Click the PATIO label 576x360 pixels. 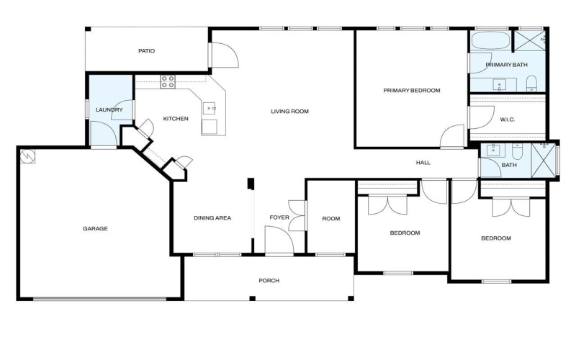(147, 51)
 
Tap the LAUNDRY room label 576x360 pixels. (109, 110)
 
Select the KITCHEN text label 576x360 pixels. (176, 119)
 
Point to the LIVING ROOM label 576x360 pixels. (289, 111)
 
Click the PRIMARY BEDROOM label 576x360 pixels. (411, 91)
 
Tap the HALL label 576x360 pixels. (423, 163)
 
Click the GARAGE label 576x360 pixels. (95, 228)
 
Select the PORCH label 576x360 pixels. (269, 280)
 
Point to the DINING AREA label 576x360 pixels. (212, 217)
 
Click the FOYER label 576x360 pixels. (279, 217)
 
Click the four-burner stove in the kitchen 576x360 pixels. (168, 82)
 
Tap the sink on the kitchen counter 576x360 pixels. (211, 109)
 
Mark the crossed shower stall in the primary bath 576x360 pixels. (531, 40)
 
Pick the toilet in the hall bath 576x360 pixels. (518, 152)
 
